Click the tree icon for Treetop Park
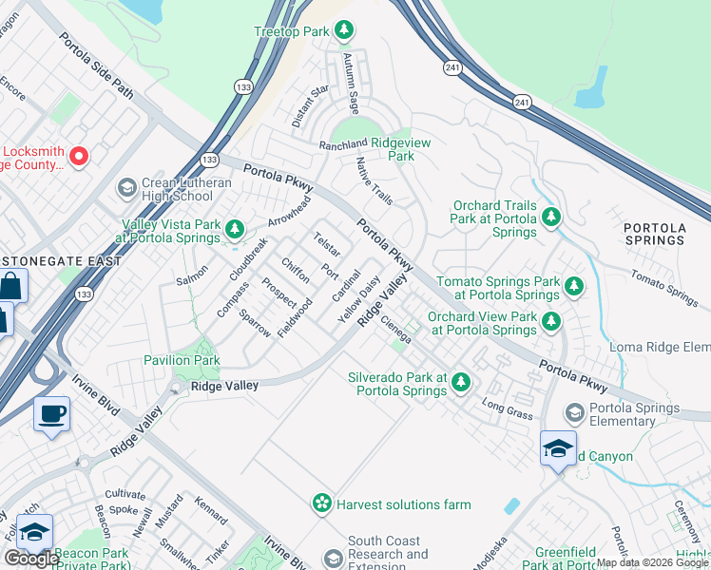coord(344,31)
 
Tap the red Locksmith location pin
coord(79,156)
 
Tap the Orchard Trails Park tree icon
coord(550,218)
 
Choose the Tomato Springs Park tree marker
coord(573,286)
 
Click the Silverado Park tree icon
coord(460,383)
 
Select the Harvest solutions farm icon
coord(323,503)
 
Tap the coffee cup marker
coord(52,414)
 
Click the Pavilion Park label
coord(182,360)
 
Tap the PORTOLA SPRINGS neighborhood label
coord(654,233)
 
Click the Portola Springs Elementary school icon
coord(574,412)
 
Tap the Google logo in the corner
coord(31,559)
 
